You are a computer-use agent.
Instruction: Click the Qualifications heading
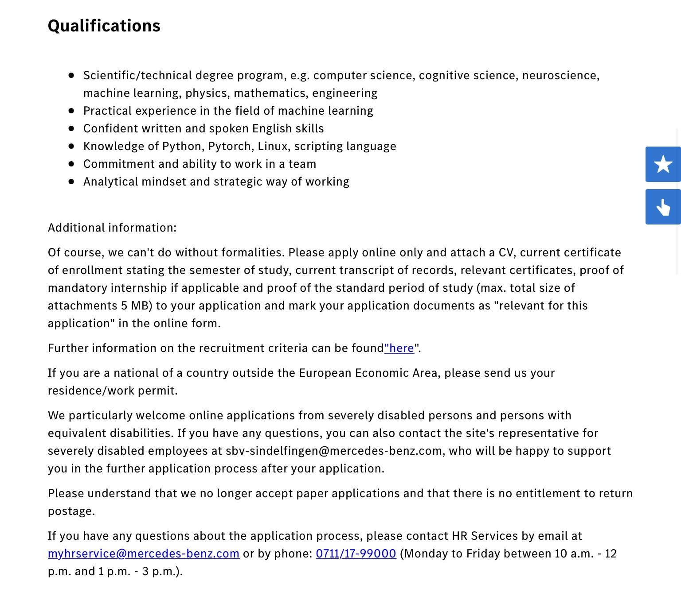[x=104, y=26]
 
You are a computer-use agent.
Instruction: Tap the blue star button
[x=663, y=164]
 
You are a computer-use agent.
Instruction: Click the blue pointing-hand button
[x=663, y=207]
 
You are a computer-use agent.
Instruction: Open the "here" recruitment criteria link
[x=399, y=348]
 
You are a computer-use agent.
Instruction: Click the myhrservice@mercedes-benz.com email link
[x=144, y=553]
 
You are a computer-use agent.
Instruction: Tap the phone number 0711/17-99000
[x=356, y=553]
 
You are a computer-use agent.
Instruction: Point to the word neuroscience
[x=560, y=75]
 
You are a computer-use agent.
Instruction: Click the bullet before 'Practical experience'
[x=71, y=111]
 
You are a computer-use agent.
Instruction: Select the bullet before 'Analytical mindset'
[x=71, y=182]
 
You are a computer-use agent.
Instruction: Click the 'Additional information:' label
[x=112, y=228]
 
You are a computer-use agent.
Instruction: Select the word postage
[x=71, y=511]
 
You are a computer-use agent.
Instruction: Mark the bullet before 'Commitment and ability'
[x=71, y=164]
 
